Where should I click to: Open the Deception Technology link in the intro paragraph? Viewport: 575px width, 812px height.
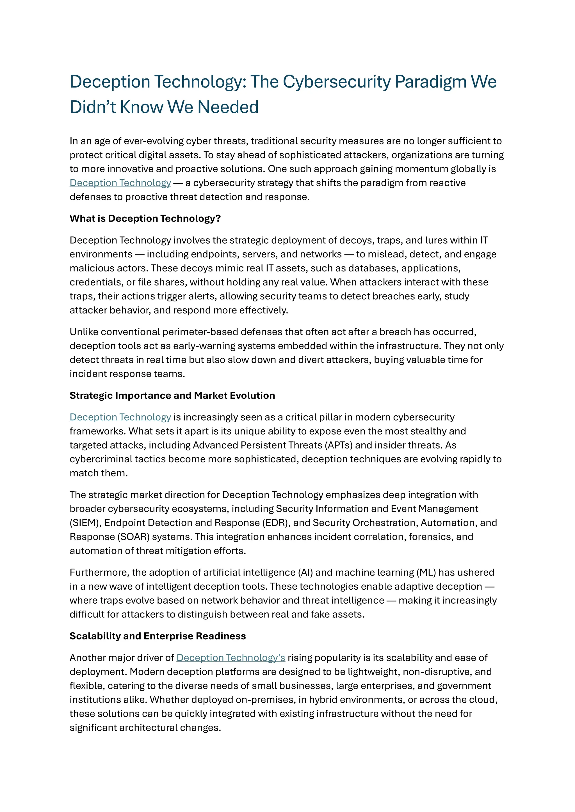point(120,183)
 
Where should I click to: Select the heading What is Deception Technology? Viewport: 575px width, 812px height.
point(145,218)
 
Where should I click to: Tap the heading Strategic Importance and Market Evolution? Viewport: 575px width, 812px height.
point(172,395)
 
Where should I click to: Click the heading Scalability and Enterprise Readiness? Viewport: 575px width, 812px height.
point(158,636)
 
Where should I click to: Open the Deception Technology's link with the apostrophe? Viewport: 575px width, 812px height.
point(231,658)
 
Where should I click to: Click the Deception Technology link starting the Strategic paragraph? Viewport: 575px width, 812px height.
point(120,417)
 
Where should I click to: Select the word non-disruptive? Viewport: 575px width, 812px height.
point(438,672)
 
